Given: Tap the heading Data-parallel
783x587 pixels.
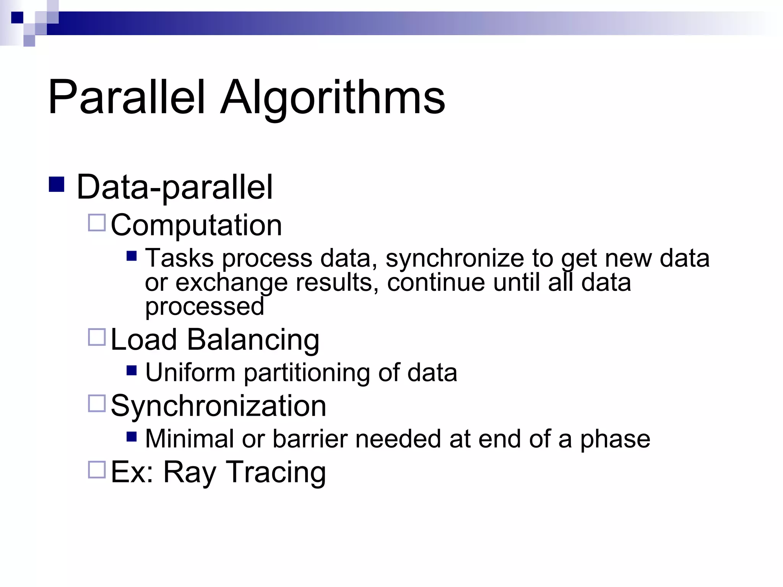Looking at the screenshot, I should (175, 187).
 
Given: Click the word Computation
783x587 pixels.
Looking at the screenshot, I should (196, 225).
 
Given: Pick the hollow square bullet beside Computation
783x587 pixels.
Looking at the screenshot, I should (97, 223).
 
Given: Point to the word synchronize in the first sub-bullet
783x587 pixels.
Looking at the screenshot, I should (455, 258).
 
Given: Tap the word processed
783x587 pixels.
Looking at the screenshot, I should (205, 306).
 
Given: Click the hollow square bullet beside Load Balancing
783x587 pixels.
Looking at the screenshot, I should (97, 337).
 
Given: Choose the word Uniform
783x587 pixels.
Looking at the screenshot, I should (190, 373).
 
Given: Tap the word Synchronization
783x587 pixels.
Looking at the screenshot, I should (218, 406).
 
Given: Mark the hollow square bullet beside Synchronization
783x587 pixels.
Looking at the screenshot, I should (97, 404).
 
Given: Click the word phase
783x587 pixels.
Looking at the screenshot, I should (615, 439).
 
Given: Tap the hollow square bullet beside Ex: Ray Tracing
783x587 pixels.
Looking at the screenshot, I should (97, 470).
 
